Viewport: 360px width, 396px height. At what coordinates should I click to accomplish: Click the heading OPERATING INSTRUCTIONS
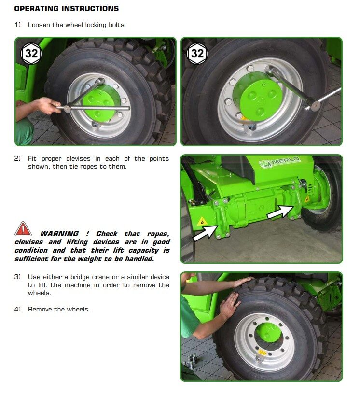[66, 9]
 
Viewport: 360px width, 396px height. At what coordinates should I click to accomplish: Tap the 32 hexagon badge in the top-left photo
[31, 53]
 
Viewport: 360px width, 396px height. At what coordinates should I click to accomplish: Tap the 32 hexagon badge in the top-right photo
[197, 53]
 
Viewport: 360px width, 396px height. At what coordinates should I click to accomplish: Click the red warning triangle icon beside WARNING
[23, 229]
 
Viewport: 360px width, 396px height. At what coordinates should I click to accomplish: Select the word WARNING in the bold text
[59, 234]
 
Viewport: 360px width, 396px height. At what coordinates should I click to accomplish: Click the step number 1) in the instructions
[18, 25]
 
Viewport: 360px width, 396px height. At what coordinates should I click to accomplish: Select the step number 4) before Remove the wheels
[18, 309]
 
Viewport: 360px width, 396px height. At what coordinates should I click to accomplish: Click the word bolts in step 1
[116, 25]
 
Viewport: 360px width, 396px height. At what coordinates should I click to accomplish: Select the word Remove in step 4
[40, 309]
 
